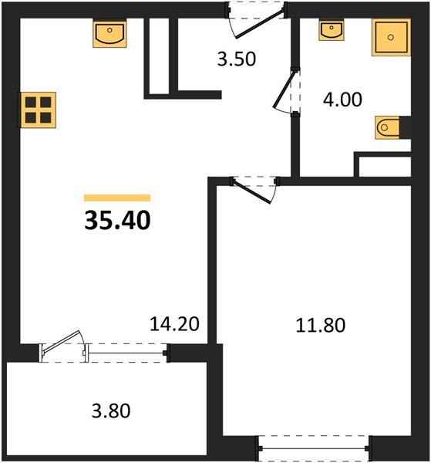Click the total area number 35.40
coord(117,221)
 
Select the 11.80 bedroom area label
coord(319,324)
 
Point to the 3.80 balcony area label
coord(106,411)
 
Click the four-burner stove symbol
coord(39,110)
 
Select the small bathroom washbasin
coord(332,30)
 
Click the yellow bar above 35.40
coord(117,198)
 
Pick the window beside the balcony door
coord(128,352)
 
